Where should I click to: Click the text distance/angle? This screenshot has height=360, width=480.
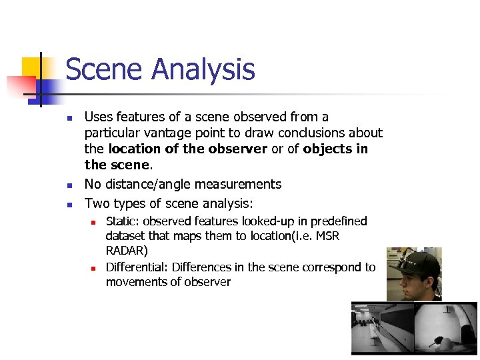click(149, 185)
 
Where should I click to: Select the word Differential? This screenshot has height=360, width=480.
click(137, 267)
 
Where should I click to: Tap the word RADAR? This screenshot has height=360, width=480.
click(127, 251)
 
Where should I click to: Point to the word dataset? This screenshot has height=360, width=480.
click(127, 237)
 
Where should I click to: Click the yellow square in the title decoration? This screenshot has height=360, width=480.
click(31, 67)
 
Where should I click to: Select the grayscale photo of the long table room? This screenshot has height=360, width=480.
click(382, 329)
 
